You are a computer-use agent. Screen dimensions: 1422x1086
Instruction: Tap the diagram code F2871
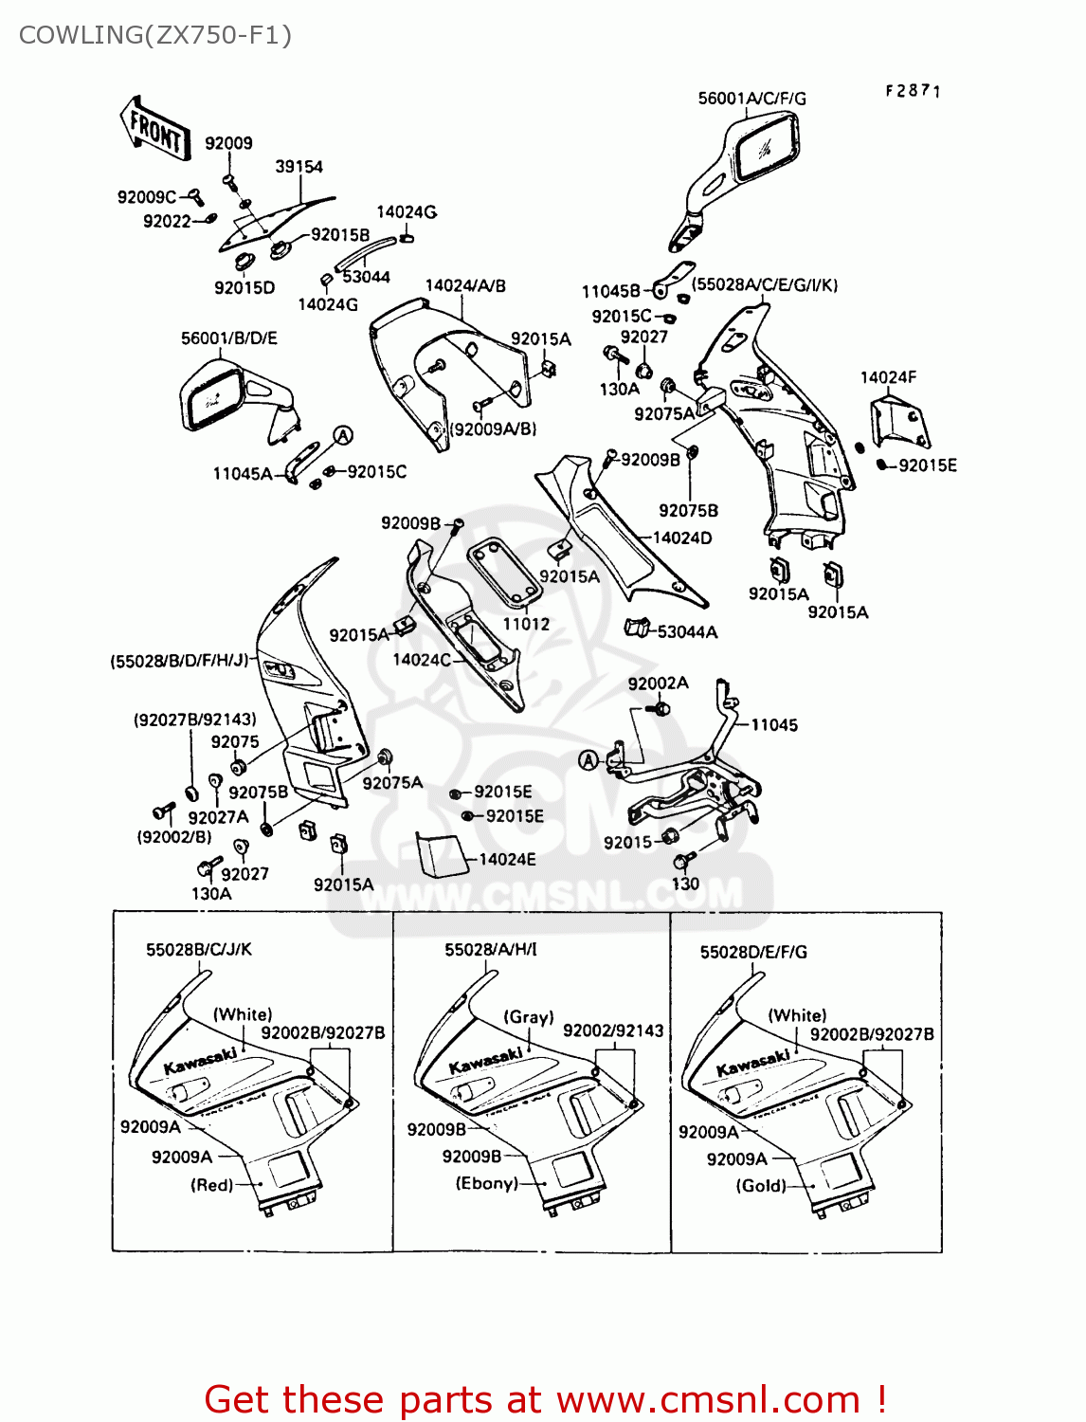click(x=913, y=91)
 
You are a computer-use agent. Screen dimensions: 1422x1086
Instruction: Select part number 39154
click(x=299, y=167)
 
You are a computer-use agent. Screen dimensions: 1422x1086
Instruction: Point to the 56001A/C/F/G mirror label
click(x=751, y=99)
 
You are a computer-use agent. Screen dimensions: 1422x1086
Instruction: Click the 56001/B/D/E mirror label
click(x=228, y=338)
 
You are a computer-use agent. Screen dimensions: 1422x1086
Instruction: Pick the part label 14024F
click(x=888, y=377)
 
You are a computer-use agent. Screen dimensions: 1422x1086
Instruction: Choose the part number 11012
click(x=526, y=624)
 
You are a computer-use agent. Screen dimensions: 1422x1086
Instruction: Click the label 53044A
click(x=687, y=632)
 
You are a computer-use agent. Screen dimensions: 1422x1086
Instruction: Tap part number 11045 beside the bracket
click(x=774, y=725)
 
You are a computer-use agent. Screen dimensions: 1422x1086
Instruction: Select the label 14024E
click(x=507, y=860)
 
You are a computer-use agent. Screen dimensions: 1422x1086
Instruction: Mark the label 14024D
click(x=682, y=538)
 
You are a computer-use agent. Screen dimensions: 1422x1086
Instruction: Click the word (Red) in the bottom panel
click(x=211, y=1185)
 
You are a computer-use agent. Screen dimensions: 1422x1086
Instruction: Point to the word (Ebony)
click(x=486, y=1183)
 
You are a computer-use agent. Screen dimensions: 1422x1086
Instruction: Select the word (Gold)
click(x=761, y=1186)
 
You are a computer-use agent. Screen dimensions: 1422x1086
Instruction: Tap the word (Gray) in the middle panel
click(x=528, y=1017)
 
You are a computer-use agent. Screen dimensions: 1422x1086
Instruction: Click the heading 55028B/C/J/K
click(x=199, y=950)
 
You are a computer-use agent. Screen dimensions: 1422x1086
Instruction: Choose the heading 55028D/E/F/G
click(x=753, y=952)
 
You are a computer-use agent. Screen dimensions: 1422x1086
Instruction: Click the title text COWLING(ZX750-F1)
click(x=155, y=35)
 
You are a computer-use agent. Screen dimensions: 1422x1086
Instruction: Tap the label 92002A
click(x=658, y=684)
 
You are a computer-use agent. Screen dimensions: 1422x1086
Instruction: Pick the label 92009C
click(x=146, y=197)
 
